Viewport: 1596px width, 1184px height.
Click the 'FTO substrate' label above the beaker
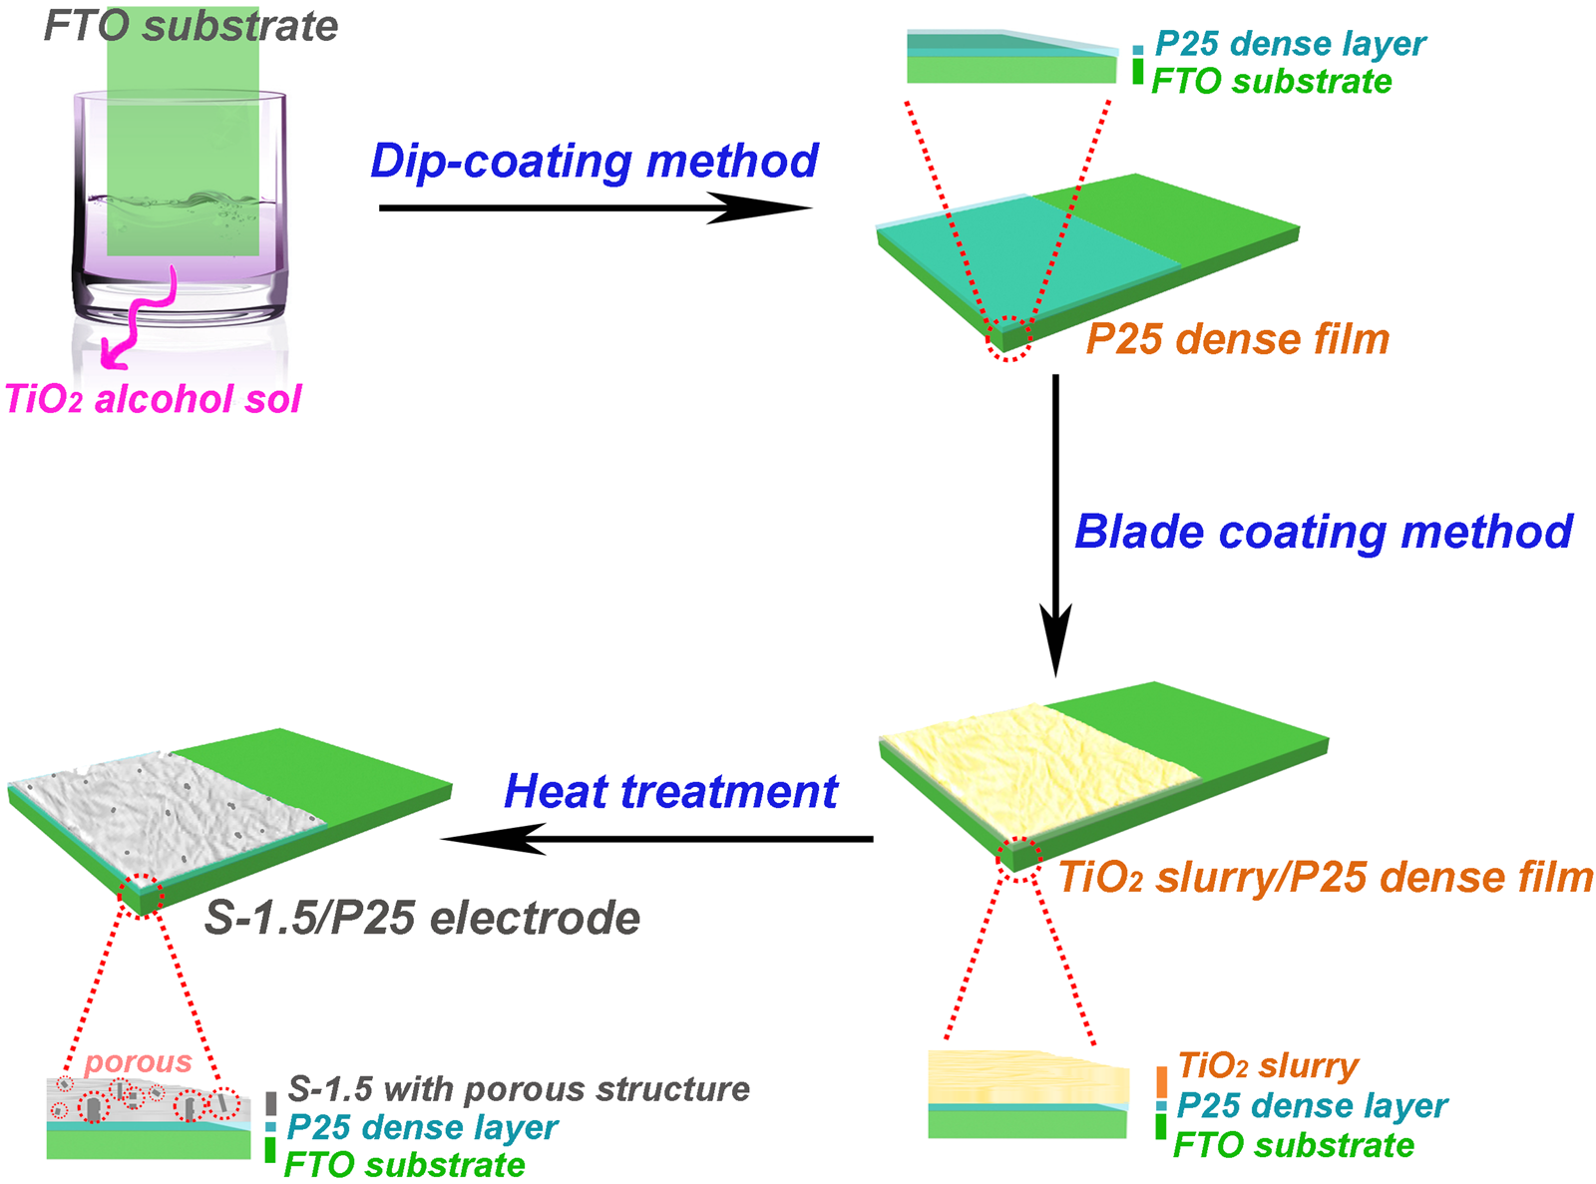click(x=191, y=25)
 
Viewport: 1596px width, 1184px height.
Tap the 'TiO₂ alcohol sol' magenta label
click(x=153, y=399)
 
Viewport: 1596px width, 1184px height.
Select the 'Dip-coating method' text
click(x=595, y=161)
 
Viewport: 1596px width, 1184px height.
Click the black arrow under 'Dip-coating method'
click(x=595, y=208)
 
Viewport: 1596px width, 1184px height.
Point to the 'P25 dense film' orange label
click(x=1237, y=339)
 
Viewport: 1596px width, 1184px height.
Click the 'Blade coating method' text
click(x=1324, y=532)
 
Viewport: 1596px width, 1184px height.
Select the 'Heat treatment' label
click(x=670, y=791)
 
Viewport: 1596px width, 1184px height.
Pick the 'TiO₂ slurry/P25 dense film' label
click(x=1326, y=878)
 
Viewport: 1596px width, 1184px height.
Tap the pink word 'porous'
click(x=138, y=1062)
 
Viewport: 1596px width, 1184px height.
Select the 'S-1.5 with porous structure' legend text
click(x=519, y=1088)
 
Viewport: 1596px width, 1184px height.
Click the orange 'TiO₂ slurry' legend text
click(x=1268, y=1065)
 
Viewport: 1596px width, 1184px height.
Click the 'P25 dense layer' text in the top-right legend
click(x=1290, y=44)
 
